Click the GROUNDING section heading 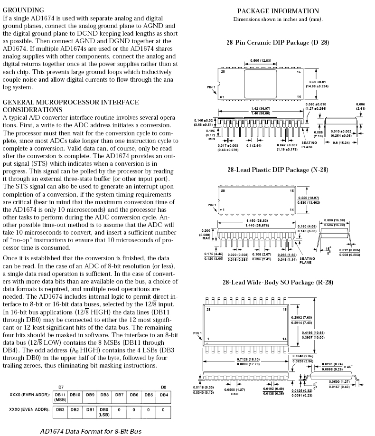coord(23,10)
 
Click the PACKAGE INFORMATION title coord(278,11)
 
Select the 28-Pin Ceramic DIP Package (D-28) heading coord(278,43)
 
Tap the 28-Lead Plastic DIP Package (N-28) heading coord(278,170)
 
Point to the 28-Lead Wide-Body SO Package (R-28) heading coord(278,282)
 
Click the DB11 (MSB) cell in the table coord(60,397)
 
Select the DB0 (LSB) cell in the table coord(104,412)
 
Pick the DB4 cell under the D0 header coord(164,395)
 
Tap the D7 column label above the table coord(61,387)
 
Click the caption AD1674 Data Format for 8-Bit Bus coord(91,431)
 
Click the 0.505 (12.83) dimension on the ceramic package coord(261,61)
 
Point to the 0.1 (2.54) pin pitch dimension coord(254,145)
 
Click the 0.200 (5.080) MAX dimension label coord(206,235)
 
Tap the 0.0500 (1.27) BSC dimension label coord(234,391)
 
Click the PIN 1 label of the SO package coord(197,333)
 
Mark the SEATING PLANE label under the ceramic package coord(309,145)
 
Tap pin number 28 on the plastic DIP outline coord(223,191)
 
